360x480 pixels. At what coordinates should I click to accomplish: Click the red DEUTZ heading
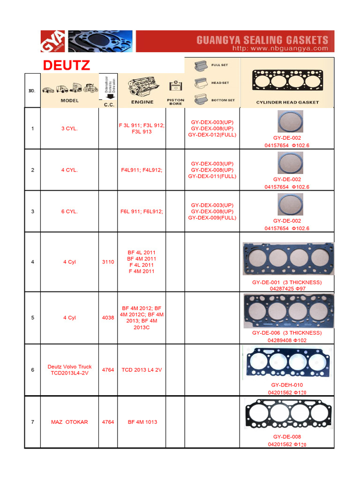[x=66, y=65]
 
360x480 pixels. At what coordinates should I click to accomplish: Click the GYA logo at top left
[x=53, y=42]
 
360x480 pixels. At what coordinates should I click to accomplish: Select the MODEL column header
[x=69, y=101]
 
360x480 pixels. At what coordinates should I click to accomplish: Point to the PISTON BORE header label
[x=175, y=102]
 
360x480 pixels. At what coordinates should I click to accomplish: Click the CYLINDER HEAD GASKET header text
[x=287, y=102]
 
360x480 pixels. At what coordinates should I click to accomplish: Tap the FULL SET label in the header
[x=219, y=65]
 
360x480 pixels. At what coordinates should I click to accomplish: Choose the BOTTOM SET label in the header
[x=223, y=100]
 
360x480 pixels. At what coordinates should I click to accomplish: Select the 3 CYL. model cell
[x=69, y=128]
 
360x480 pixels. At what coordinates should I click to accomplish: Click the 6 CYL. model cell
[x=69, y=211]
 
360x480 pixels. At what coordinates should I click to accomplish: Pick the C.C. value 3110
[x=108, y=262]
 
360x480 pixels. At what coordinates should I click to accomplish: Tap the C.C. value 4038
[x=108, y=318]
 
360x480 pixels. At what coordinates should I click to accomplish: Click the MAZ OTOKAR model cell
[x=69, y=422]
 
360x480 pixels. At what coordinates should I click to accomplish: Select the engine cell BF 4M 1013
[x=142, y=422]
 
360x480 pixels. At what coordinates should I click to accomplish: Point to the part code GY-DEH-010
[x=287, y=385]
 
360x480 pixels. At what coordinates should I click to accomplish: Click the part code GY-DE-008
[x=287, y=437]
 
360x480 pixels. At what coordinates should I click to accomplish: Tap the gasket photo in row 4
[x=288, y=259]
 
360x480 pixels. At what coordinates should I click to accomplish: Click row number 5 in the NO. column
[x=32, y=318]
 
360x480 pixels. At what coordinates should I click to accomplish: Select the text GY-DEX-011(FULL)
[x=212, y=176]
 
